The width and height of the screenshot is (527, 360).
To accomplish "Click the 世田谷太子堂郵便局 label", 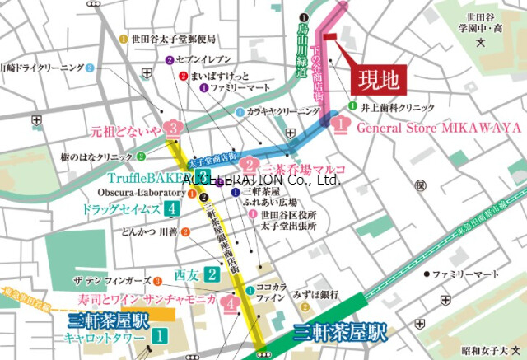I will pyautogui.click(x=173, y=39).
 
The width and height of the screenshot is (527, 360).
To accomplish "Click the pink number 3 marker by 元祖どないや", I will pyautogui.click(x=171, y=129).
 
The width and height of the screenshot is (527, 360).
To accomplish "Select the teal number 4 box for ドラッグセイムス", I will pyautogui.click(x=171, y=208).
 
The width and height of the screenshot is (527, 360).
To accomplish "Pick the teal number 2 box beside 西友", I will pyautogui.click(x=212, y=274).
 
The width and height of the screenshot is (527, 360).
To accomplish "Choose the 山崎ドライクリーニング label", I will pyautogui.click(x=41, y=68).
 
